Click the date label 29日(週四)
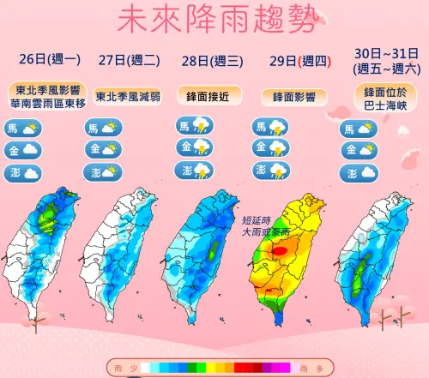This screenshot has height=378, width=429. coord(289,60)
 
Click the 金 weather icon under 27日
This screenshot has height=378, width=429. coord(103,149)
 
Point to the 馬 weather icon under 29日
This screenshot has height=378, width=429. coord(269,127)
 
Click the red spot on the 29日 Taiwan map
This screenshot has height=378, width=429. coord(281,250)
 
